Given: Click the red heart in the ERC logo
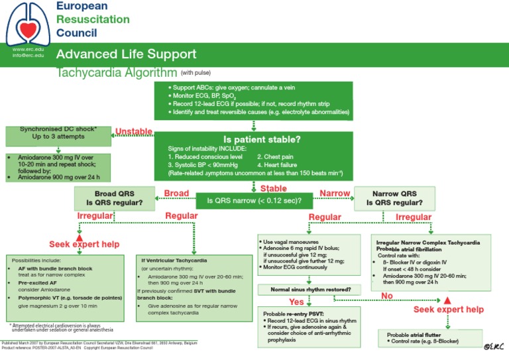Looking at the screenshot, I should [x=26, y=29].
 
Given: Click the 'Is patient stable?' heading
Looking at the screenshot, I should [x=262, y=140].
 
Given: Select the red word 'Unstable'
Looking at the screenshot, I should [x=134, y=131].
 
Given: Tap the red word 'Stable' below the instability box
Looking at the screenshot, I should [x=273, y=189].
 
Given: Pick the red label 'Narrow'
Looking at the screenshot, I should [x=335, y=193].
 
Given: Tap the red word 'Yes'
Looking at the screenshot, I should [x=296, y=302].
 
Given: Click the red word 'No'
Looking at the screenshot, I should [x=387, y=296].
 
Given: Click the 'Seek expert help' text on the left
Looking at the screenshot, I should [x=84, y=245].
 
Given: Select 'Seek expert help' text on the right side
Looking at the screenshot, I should [x=449, y=310].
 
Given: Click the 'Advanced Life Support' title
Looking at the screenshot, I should [x=126, y=54].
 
